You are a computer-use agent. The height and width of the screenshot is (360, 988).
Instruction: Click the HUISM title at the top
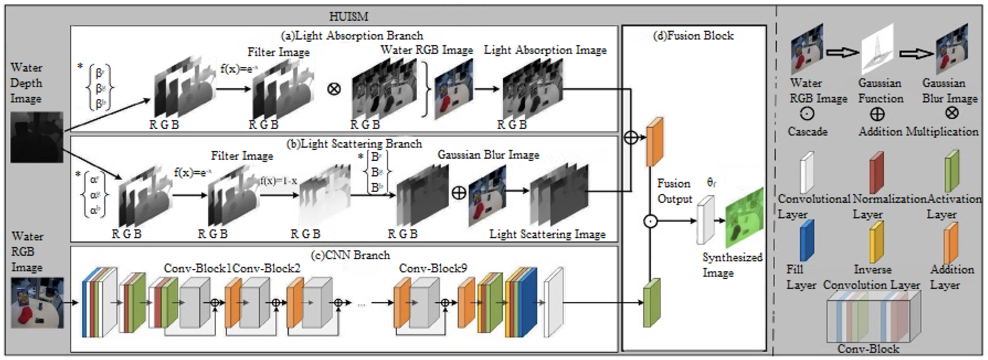[x=348, y=17]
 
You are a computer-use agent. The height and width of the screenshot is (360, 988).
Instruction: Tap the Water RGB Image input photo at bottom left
[x=37, y=302]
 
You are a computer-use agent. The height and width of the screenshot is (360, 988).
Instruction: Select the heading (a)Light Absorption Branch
[x=352, y=36]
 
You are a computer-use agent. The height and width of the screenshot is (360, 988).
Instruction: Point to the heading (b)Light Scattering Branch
[x=354, y=144]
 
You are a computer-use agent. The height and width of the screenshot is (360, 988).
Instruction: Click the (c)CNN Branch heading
[x=350, y=255]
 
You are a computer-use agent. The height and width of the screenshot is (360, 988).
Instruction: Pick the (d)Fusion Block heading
[x=693, y=36]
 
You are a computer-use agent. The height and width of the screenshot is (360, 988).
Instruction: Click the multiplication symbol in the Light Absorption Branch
[x=334, y=89]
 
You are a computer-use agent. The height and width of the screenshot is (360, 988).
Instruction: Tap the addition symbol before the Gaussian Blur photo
[x=459, y=193]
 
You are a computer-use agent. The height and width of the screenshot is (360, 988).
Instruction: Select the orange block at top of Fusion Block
[x=655, y=142]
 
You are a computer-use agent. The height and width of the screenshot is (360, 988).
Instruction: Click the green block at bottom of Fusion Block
[x=651, y=303]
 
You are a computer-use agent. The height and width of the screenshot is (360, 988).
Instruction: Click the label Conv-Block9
[x=433, y=268]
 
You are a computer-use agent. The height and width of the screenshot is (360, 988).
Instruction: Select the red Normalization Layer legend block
[x=876, y=173]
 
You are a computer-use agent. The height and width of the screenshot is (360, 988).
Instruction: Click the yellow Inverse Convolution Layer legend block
[x=876, y=242]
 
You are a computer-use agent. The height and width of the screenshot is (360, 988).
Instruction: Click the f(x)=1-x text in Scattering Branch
[x=279, y=180]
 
